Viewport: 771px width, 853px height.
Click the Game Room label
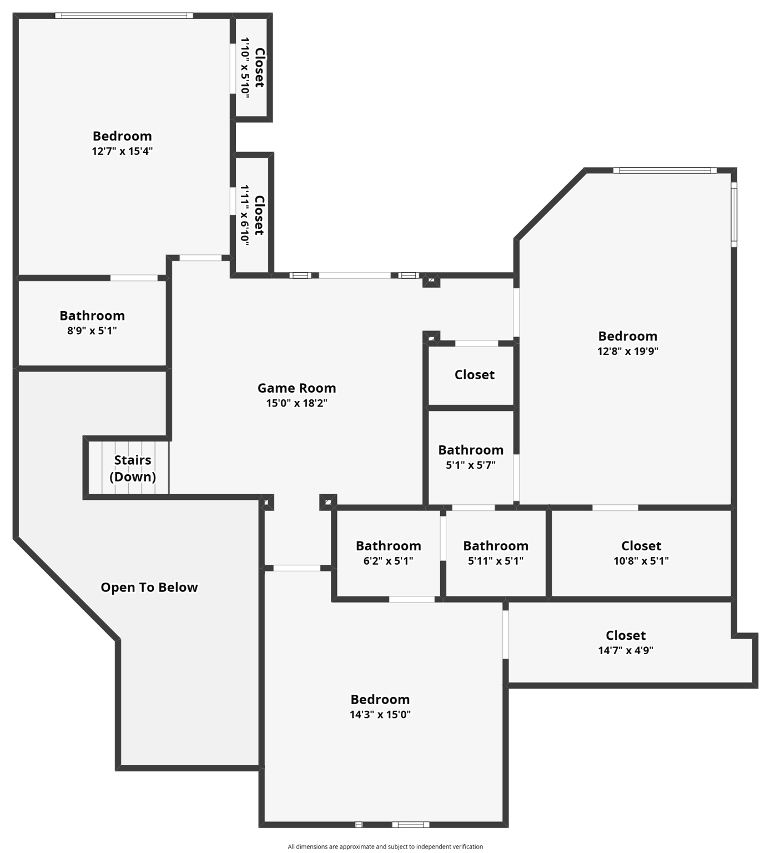[x=296, y=388]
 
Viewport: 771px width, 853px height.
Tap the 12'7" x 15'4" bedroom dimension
[x=122, y=151]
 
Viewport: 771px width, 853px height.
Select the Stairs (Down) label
[x=133, y=468]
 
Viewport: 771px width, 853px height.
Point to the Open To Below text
[x=149, y=588]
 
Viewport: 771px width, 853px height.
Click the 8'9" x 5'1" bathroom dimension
[x=92, y=331]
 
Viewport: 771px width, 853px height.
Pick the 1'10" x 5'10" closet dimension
[x=245, y=68]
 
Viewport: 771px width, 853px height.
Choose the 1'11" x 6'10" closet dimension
[x=245, y=214]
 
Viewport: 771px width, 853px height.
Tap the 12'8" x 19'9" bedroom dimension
[x=628, y=351]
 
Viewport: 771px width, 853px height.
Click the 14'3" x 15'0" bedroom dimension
[x=380, y=715]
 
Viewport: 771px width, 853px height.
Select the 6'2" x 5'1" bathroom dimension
[x=389, y=561]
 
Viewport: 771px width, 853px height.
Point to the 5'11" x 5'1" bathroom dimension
[x=496, y=561]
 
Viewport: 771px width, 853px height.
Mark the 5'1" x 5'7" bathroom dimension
[x=471, y=465]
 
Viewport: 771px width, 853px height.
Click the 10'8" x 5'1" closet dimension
[x=641, y=561]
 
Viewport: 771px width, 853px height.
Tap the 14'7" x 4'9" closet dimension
[x=626, y=650]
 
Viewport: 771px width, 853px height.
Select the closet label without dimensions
[x=475, y=375]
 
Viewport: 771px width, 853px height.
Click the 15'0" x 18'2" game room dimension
[x=296, y=403]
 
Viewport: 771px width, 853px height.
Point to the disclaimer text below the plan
[x=385, y=847]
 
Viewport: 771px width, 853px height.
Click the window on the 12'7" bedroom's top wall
[x=124, y=16]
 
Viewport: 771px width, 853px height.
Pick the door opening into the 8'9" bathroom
[x=134, y=278]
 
